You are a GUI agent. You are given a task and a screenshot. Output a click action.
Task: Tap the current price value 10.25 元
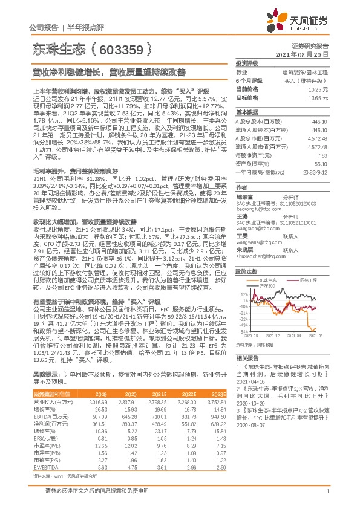click(x=320, y=89)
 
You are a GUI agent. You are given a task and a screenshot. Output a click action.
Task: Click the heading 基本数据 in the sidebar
click(x=246, y=112)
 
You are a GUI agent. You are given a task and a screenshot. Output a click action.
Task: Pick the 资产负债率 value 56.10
click(x=321, y=164)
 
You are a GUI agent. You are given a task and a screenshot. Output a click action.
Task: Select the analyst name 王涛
click(x=241, y=216)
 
